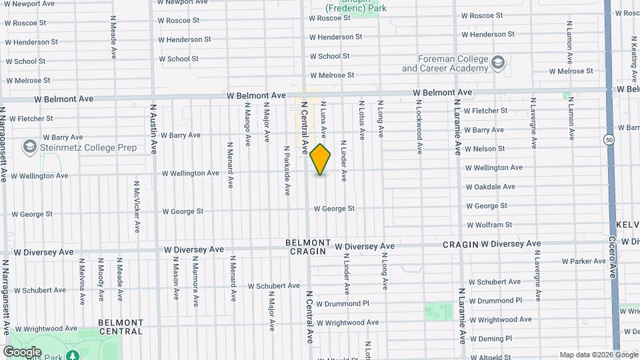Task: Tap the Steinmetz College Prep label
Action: [89, 147]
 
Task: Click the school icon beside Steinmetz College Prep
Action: [29, 146]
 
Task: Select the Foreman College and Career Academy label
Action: [445, 64]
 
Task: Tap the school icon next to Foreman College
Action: [497, 63]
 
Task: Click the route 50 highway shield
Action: [609, 140]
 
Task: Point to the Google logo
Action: [22, 351]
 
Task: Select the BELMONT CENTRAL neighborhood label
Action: [121, 327]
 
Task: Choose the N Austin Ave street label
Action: [153, 128]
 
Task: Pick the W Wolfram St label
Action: [489, 225]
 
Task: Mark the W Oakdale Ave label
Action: [490, 187]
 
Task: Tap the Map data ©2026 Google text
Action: [597, 355]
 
